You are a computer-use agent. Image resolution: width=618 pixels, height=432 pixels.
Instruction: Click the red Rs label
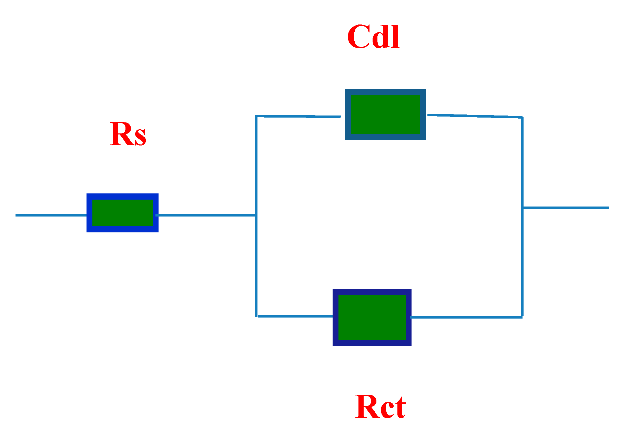(x=128, y=134)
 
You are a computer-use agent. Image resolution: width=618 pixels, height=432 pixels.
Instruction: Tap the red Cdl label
(x=373, y=37)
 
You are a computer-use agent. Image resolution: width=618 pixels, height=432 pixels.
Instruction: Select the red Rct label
(x=380, y=407)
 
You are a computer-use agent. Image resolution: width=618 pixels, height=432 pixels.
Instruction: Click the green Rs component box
(x=122, y=213)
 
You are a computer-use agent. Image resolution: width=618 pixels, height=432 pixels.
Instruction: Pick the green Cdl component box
(x=385, y=114)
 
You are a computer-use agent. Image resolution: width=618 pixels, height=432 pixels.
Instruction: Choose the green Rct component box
(x=372, y=318)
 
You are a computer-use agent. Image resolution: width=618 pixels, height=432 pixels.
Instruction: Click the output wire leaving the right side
(x=565, y=208)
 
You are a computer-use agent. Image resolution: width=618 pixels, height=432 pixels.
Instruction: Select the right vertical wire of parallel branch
(x=522, y=262)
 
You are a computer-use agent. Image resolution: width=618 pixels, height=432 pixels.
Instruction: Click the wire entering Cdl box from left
(x=298, y=117)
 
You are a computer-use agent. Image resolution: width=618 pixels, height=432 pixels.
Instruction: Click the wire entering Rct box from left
(x=295, y=316)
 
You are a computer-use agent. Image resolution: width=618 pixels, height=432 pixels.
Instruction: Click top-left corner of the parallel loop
(x=256, y=116)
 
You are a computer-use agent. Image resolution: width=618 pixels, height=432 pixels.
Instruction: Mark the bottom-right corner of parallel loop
(x=522, y=317)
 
